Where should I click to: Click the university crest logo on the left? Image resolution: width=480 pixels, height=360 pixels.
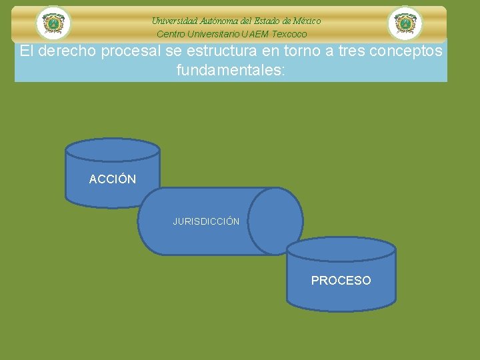coord(53,23)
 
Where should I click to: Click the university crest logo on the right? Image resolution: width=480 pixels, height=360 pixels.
coord(405,23)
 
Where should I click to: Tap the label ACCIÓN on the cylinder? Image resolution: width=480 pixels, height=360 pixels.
coord(113,179)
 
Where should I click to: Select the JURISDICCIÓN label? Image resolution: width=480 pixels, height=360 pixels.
coord(206,221)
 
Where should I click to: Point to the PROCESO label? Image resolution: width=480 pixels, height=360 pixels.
coord(341,281)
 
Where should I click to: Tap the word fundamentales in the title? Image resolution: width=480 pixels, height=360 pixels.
coord(228,69)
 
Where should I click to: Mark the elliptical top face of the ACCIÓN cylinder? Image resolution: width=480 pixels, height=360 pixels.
coord(113,149)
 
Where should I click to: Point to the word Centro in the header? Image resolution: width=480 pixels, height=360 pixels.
coord(171,34)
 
